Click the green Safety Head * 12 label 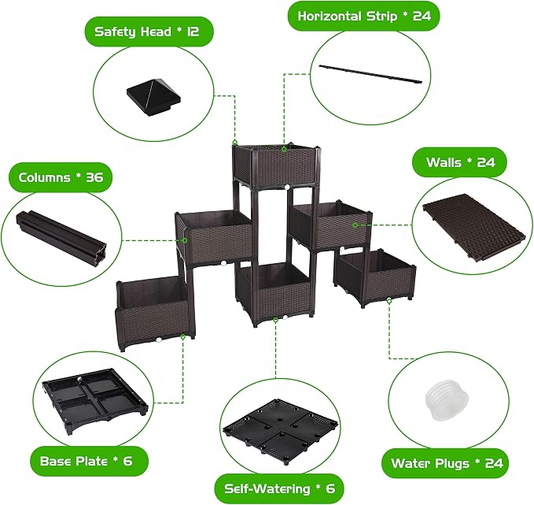click(149, 32)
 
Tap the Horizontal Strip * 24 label click(363, 16)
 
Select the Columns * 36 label click(61, 177)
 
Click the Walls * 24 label click(460, 162)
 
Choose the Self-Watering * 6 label click(279, 488)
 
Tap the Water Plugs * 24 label click(447, 463)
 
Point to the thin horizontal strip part click(370, 74)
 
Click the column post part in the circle click(61, 236)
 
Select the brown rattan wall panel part click(473, 227)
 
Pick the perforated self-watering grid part click(280, 429)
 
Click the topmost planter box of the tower click(277, 165)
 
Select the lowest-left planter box click(155, 312)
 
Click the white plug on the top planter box click(287, 187)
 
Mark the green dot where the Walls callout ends click(355, 225)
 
